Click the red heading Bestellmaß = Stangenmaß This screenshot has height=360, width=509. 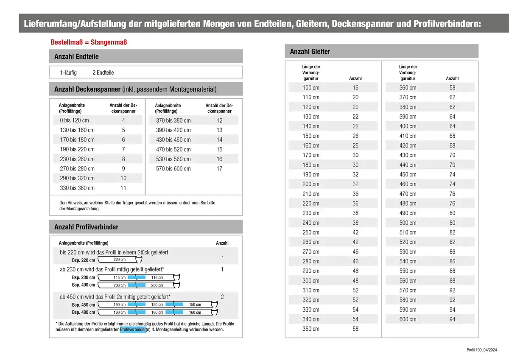[x=89, y=42]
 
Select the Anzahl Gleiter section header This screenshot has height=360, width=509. [x=310, y=51]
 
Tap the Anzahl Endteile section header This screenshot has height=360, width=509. [x=76, y=56]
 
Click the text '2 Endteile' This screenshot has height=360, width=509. [x=103, y=73]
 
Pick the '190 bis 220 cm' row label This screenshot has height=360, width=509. [x=77, y=149]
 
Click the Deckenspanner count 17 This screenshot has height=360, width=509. [x=219, y=169]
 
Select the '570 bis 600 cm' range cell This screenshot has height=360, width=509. [x=173, y=169]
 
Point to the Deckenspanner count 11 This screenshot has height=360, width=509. [x=123, y=188]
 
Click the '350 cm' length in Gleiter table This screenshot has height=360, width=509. [x=310, y=329]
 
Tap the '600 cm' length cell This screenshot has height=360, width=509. [x=408, y=319]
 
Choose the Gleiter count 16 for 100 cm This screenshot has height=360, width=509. [x=355, y=88]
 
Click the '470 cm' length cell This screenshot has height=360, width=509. [x=408, y=194]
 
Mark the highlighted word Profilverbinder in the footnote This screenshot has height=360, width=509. [x=133, y=329]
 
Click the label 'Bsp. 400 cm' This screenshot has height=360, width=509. [x=84, y=285]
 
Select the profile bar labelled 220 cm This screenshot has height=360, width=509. [x=120, y=260]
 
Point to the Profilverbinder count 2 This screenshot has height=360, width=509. [x=222, y=297]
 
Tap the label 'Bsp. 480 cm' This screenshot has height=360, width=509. [x=84, y=313]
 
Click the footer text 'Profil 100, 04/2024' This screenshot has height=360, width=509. [x=481, y=350]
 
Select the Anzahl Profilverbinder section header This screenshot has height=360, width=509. [x=86, y=227]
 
